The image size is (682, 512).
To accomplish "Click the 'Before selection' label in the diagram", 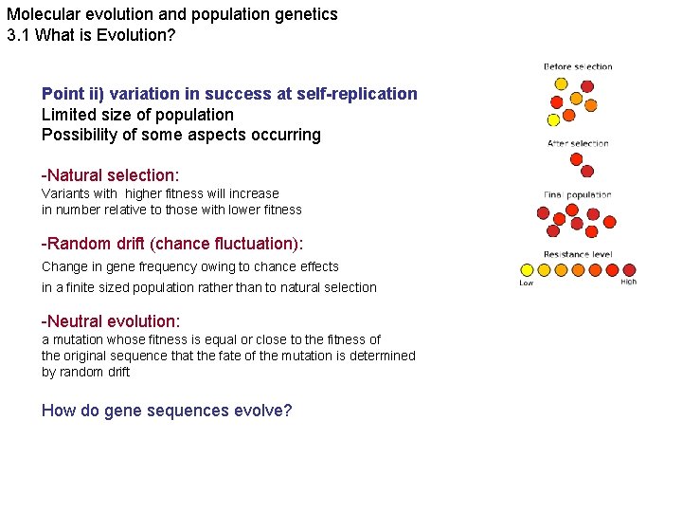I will tap(578, 66).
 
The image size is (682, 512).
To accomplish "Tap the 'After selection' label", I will tap(578, 143).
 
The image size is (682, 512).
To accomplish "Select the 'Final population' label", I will tap(578, 195).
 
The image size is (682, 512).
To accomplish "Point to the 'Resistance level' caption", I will tap(578, 254).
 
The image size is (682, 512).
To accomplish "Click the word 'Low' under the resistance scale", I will tap(526, 282).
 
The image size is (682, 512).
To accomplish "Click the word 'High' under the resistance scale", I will tap(628, 282).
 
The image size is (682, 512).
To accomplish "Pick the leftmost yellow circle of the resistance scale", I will tap(527, 269).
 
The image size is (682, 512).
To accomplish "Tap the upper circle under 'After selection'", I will tap(575, 158).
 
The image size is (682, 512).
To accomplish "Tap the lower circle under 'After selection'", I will tap(587, 172).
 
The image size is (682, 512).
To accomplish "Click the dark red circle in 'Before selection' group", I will tap(587, 85).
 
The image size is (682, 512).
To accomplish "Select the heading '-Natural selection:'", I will tap(110, 175).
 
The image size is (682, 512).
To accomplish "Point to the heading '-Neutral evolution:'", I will tap(111, 321).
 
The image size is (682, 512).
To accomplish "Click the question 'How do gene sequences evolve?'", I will tap(167, 411).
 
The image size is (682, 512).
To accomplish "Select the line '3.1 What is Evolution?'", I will tap(91, 35).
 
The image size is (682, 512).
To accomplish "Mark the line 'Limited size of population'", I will tap(137, 115).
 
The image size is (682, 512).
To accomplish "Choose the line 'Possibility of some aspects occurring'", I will tap(181, 135).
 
